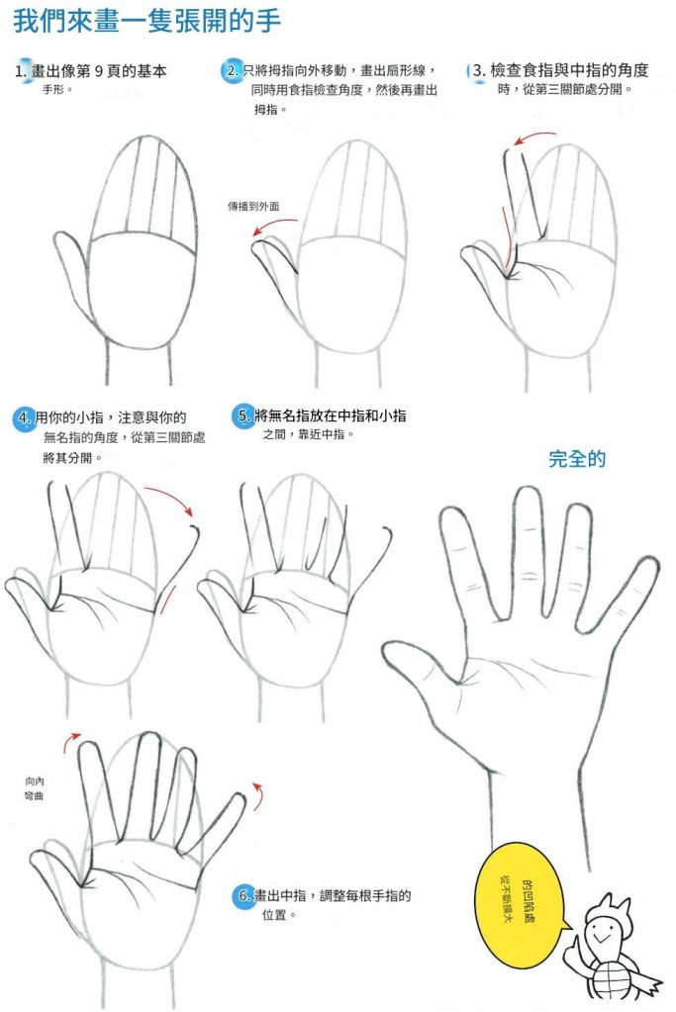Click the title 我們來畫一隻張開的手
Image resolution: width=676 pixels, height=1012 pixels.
click(x=147, y=21)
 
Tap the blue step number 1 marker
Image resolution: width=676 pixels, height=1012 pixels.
click(x=23, y=69)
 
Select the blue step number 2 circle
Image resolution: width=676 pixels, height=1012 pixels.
click(x=233, y=69)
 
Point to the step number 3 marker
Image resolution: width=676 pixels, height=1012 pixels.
click(x=476, y=70)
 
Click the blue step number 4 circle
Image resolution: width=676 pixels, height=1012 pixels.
click(x=24, y=418)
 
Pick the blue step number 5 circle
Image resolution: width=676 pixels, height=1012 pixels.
click(x=243, y=415)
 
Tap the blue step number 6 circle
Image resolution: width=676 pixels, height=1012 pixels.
click(x=243, y=896)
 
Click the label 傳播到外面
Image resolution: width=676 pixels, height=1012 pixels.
click(x=253, y=207)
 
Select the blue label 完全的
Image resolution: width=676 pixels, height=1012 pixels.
click(x=577, y=459)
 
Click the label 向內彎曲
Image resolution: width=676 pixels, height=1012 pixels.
click(x=35, y=788)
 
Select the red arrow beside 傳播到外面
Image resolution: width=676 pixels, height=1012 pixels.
click(x=273, y=226)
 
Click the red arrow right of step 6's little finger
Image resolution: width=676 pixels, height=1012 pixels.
click(x=259, y=796)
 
